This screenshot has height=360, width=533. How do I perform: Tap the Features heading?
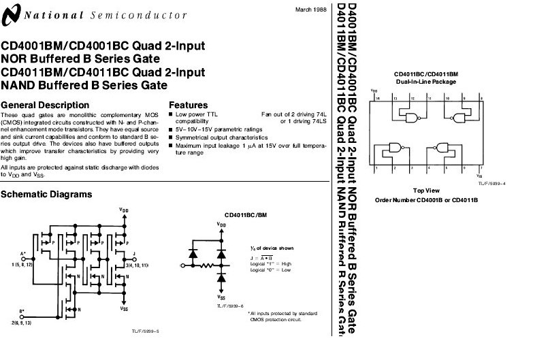188,105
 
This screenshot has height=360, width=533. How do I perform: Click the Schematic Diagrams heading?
46,194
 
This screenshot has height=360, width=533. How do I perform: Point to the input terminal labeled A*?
23,253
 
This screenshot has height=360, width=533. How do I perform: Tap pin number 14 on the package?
376,98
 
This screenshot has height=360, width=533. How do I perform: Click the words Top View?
427,190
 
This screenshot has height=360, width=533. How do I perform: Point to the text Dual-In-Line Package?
426,81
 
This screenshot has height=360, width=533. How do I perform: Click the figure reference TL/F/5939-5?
146,331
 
